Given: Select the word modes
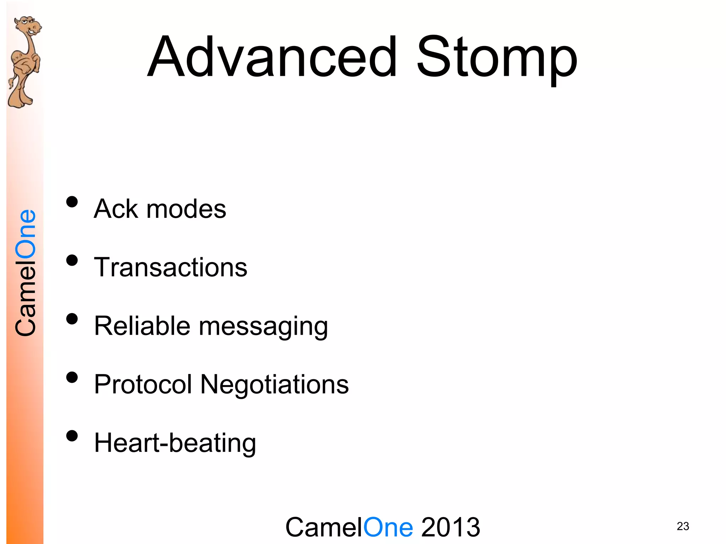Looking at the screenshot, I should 186,209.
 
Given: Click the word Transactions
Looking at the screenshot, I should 171,267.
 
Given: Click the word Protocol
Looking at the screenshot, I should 143,385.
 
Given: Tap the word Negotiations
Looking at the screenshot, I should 274,385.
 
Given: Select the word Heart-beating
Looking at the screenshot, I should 175,443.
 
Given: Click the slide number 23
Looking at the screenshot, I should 683,526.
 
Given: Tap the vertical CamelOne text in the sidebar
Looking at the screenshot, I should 26,273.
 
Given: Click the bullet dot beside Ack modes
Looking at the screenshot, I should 72,202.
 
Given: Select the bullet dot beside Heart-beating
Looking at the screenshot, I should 72,436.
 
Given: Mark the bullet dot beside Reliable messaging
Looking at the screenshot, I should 72,319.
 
